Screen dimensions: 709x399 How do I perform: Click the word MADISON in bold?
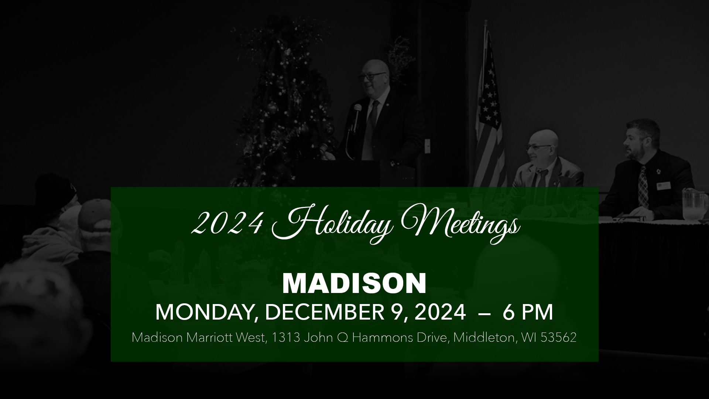point(354,284)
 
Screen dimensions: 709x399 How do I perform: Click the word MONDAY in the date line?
point(203,313)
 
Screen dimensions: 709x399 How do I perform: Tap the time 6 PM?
point(528,312)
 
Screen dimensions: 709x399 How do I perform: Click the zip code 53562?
point(558,338)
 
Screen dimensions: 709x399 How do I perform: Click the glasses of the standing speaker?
point(371,77)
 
